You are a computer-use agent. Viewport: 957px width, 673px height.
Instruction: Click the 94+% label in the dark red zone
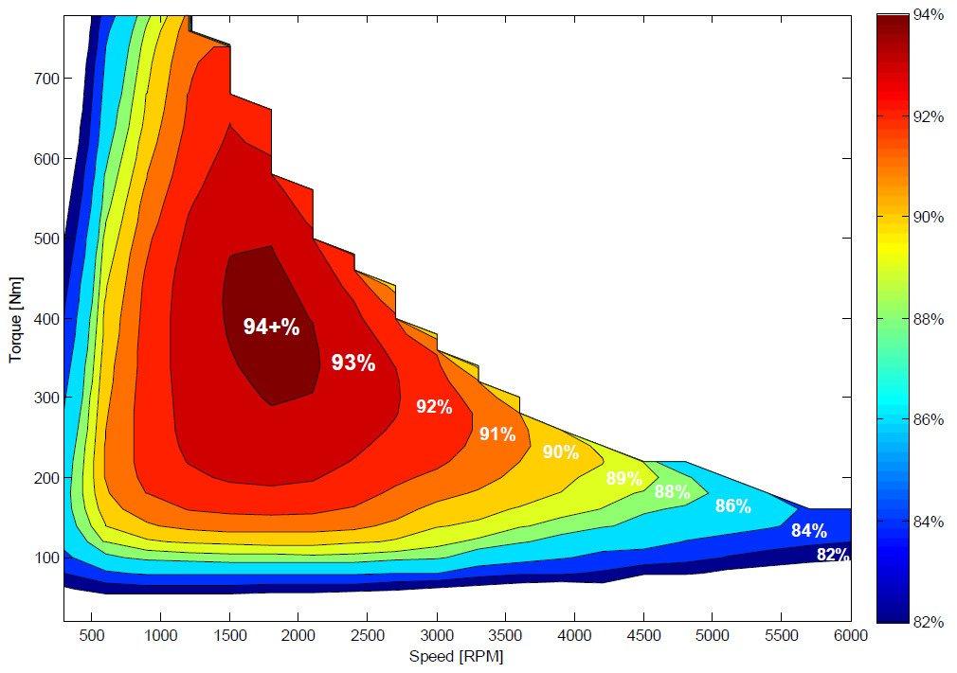click(271, 328)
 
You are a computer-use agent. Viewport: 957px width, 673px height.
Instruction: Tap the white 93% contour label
click(353, 363)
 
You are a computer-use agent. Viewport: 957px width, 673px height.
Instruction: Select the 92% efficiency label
click(434, 407)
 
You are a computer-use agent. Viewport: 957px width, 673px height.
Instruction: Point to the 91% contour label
click(497, 434)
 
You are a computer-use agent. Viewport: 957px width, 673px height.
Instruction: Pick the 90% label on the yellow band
click(560, 452)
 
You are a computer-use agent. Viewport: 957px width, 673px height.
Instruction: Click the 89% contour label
click(623, 479)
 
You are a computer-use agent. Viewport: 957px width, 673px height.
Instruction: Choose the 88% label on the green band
click(672, 491)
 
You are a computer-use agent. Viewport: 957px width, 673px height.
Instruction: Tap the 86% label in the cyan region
click(732, 506)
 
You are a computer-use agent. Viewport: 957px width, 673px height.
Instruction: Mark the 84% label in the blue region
click(808, 530)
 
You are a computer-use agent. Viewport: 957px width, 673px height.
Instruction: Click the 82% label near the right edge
click(833, 555)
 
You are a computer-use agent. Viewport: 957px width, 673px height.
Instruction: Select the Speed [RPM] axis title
click(456, 656)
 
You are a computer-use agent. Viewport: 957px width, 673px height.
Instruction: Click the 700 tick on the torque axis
click(47, 79)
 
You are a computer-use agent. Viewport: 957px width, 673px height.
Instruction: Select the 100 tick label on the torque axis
click(47, 558)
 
